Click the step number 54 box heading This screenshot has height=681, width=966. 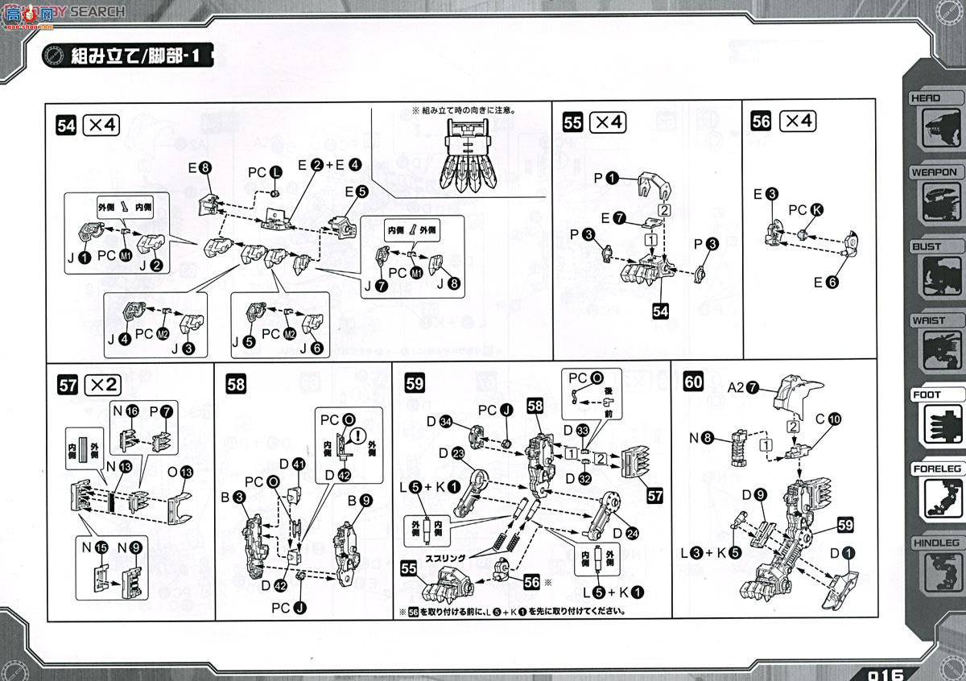coord(67,125)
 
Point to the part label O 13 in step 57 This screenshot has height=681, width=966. coord(178,471)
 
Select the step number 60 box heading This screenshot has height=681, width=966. coord(694,382)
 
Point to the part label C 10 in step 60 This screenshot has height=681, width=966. coord(827,419)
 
